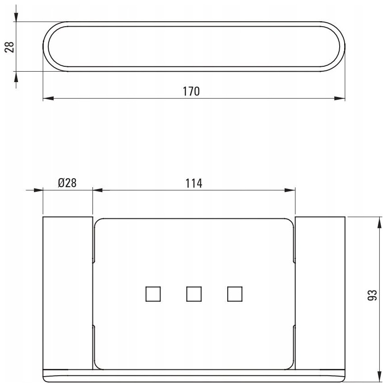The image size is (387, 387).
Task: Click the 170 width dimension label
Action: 191,91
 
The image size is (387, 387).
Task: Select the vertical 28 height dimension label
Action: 9,46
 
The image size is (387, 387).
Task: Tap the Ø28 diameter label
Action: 67,183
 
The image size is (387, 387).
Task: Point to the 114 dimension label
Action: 194,184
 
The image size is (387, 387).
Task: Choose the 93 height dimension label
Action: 373,295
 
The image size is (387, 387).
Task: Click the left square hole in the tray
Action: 153,294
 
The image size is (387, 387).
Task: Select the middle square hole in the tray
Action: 194,294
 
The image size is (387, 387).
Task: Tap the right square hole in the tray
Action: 235,294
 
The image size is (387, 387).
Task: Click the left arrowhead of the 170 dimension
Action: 48,98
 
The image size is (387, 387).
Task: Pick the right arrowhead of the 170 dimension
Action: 340,98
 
